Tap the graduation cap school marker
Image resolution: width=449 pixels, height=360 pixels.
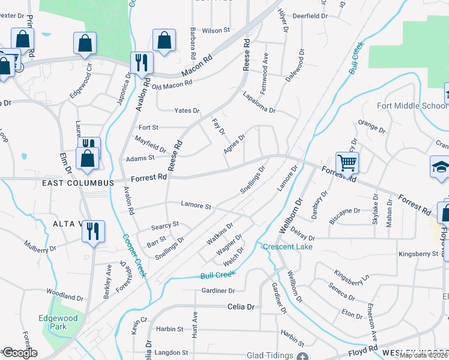point(440,167)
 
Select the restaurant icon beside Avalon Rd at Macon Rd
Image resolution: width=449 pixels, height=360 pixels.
point(142,62)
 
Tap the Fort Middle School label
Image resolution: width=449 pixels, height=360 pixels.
point(412,106)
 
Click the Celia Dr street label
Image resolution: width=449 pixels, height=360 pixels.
point(241,307)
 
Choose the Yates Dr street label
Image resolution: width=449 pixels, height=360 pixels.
point(187,111)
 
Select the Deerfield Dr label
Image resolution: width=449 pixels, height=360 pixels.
point(310,16)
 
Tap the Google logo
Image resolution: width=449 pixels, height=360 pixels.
point(19,353)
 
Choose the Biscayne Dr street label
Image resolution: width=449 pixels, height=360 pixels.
point(345,211)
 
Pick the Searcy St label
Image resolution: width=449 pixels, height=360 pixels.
point(165,224)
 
